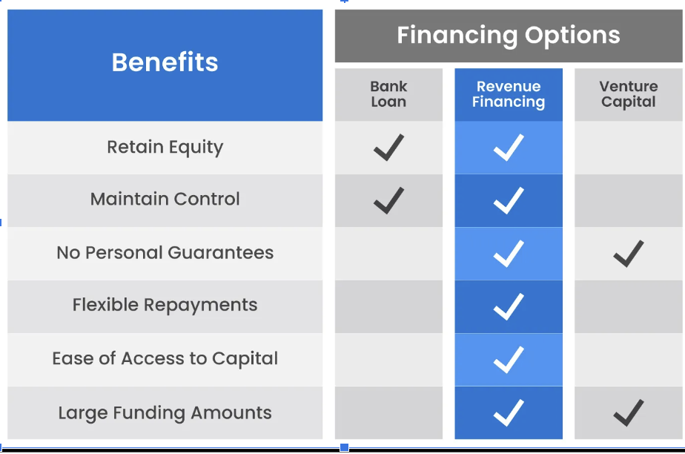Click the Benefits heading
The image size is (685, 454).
(165, 62)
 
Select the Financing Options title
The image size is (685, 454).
(509, 36)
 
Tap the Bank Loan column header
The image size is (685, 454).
(388, 94)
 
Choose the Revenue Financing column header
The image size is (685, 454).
(509, 94)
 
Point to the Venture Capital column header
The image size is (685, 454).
(628, 94)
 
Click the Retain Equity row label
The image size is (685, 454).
(165, 148)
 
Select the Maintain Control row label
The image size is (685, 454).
(165, 200)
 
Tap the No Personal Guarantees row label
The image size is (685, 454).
(165, 252)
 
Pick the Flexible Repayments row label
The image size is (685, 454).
(165, 306)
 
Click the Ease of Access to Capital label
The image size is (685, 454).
(165, 359)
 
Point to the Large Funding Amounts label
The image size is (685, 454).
(165, 413)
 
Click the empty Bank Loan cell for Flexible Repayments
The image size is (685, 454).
(388, 306)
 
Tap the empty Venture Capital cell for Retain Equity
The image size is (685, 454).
(628, 148)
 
